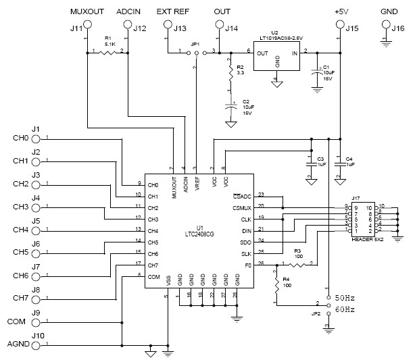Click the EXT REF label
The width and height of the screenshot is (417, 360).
click(x=172, y=12)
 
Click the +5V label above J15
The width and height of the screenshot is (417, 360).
click(x=341, y=12)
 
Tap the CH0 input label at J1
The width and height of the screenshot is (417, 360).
click(x=20, y=138)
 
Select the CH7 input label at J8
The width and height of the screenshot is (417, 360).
click(x=20, y=298)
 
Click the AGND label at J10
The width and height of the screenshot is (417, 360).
click(x=18, y=344)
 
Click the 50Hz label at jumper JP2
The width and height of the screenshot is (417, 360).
click(x=345, y=297)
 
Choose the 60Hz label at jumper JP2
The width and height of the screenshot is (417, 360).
click(x=345, y=310)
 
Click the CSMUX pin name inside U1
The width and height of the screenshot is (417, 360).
click(x=242, y=207)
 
